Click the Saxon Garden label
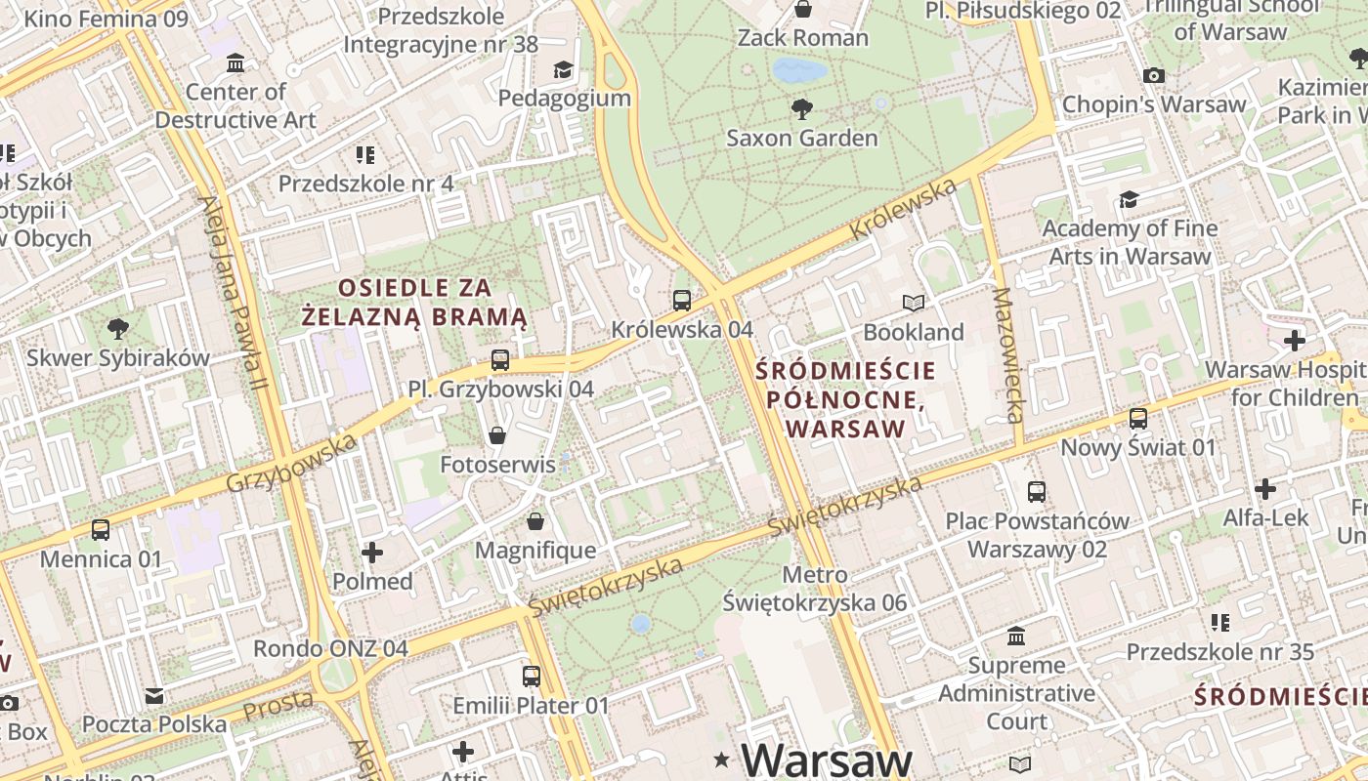[802, 138]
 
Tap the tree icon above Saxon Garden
[802, 108]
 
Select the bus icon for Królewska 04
[682, 301]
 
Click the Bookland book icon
[914, 304]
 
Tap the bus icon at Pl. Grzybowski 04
[500, 360]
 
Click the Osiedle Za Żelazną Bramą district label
[415, 303]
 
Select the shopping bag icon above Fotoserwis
[497, 435]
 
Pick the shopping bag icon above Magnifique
[534, 522]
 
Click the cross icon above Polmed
[372, 554]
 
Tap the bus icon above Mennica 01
[101, 530]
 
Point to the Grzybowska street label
[292, 464]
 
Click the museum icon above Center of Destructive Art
[235, 64]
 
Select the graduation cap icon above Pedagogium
[564, 69]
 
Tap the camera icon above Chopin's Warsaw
[1154, 75]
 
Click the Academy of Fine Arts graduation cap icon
[1130, 200]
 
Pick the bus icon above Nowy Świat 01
[1138, 419]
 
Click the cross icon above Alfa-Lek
[1265, 488]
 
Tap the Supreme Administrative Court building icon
[1016, 637]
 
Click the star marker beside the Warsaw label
[722, 760]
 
